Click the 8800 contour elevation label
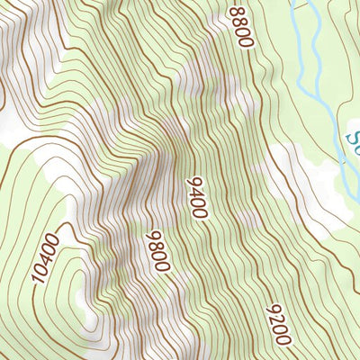[241, 25]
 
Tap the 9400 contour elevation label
[197, 198]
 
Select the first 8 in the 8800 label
[236, 11]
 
